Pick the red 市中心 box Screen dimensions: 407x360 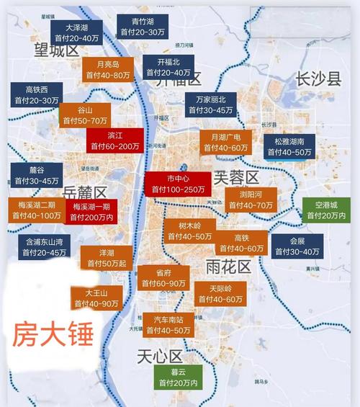tap(176, 183)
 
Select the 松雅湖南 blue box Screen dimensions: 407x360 tap(289, 146)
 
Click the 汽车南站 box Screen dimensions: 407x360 tap(168, 324)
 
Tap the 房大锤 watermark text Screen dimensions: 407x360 tap(53, 336)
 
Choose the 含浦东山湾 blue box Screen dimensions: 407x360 tap(45, 246)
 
